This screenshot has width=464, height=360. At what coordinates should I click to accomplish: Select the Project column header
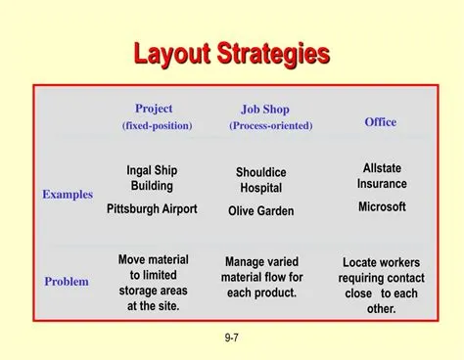click(154, 108)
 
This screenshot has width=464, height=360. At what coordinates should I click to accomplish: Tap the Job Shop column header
click(264, 110)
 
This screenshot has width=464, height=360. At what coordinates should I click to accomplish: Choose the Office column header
click(381, 121)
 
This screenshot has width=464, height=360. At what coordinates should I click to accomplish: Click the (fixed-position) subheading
click(157, 126)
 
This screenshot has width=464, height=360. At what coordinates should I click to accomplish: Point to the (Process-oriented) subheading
click(271, 126)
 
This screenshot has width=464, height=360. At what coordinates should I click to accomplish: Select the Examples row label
click(68, 194)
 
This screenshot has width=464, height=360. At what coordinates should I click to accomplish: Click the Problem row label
click(67, 282)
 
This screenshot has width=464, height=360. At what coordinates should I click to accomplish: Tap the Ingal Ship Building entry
click(152, 178)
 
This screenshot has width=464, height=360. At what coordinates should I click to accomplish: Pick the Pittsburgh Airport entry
click(152, 208)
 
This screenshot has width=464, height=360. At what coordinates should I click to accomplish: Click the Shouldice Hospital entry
click(261, 180)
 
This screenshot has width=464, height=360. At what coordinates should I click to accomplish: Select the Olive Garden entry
click(261, 210)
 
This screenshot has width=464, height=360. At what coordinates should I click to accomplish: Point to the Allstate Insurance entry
click(382, 176)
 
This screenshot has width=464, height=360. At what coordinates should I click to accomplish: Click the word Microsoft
click(382, 206)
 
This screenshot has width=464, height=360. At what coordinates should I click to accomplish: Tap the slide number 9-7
click(233, 337)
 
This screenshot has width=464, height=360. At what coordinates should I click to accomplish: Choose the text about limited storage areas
click(154, 283)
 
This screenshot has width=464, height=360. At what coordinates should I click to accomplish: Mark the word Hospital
click(261, 188)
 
